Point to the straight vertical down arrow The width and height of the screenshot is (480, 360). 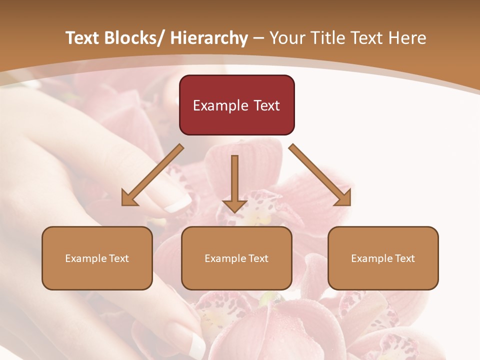pyautogui.click(x=234, y=182)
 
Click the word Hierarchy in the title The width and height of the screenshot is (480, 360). pyautogui.click(x=209, y=38)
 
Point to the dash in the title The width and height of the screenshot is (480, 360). pyautogui.click(x=258, y=38)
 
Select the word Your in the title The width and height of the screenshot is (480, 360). pyautogui.click(x=287, y=38)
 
